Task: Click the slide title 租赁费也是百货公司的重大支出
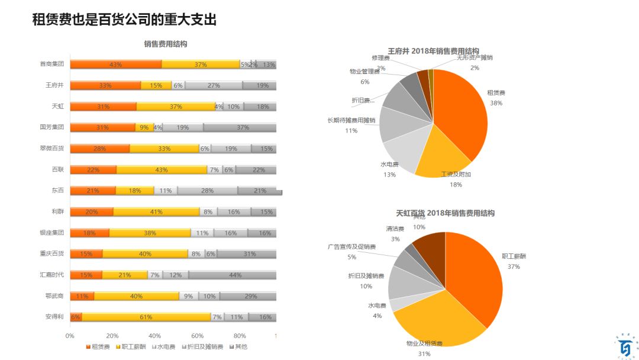124,20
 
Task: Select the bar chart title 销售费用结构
165,44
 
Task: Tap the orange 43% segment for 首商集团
115,65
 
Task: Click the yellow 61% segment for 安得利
146,317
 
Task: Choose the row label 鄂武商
55,296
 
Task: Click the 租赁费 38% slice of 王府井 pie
464,112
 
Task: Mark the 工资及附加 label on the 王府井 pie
456,175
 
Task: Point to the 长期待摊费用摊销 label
351,120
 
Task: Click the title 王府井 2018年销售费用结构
433,51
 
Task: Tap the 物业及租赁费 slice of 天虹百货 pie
432,320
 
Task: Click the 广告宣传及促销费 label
351,246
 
